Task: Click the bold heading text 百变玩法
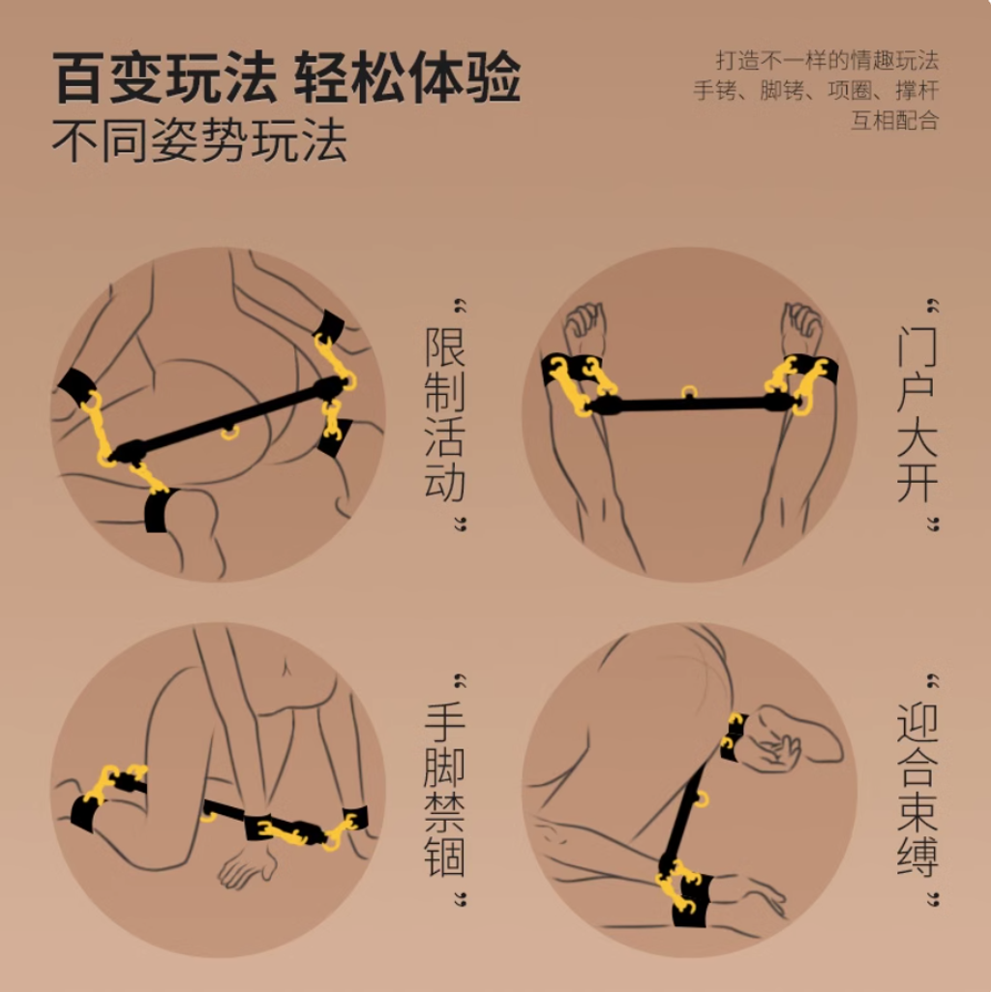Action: click(165, 77)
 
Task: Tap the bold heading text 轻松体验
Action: click(406, 77)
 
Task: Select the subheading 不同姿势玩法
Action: click(199, 139)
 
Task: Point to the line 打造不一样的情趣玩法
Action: click(826, 61)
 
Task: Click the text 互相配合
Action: click(894, 120)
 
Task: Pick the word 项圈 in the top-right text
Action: click(849, 90)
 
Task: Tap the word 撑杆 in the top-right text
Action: click(916, 90)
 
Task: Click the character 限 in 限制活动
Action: click(445, 346)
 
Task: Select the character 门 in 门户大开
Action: click(916, 346)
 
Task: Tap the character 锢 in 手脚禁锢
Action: click(445, 857)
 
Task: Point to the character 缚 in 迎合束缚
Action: click(916, 857)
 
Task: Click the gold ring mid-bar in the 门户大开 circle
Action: click(688, 392)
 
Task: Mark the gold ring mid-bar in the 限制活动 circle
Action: click(229, 433)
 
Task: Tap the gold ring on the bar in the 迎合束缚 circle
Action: click(702, 799)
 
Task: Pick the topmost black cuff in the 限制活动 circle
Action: click(329, 326)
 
